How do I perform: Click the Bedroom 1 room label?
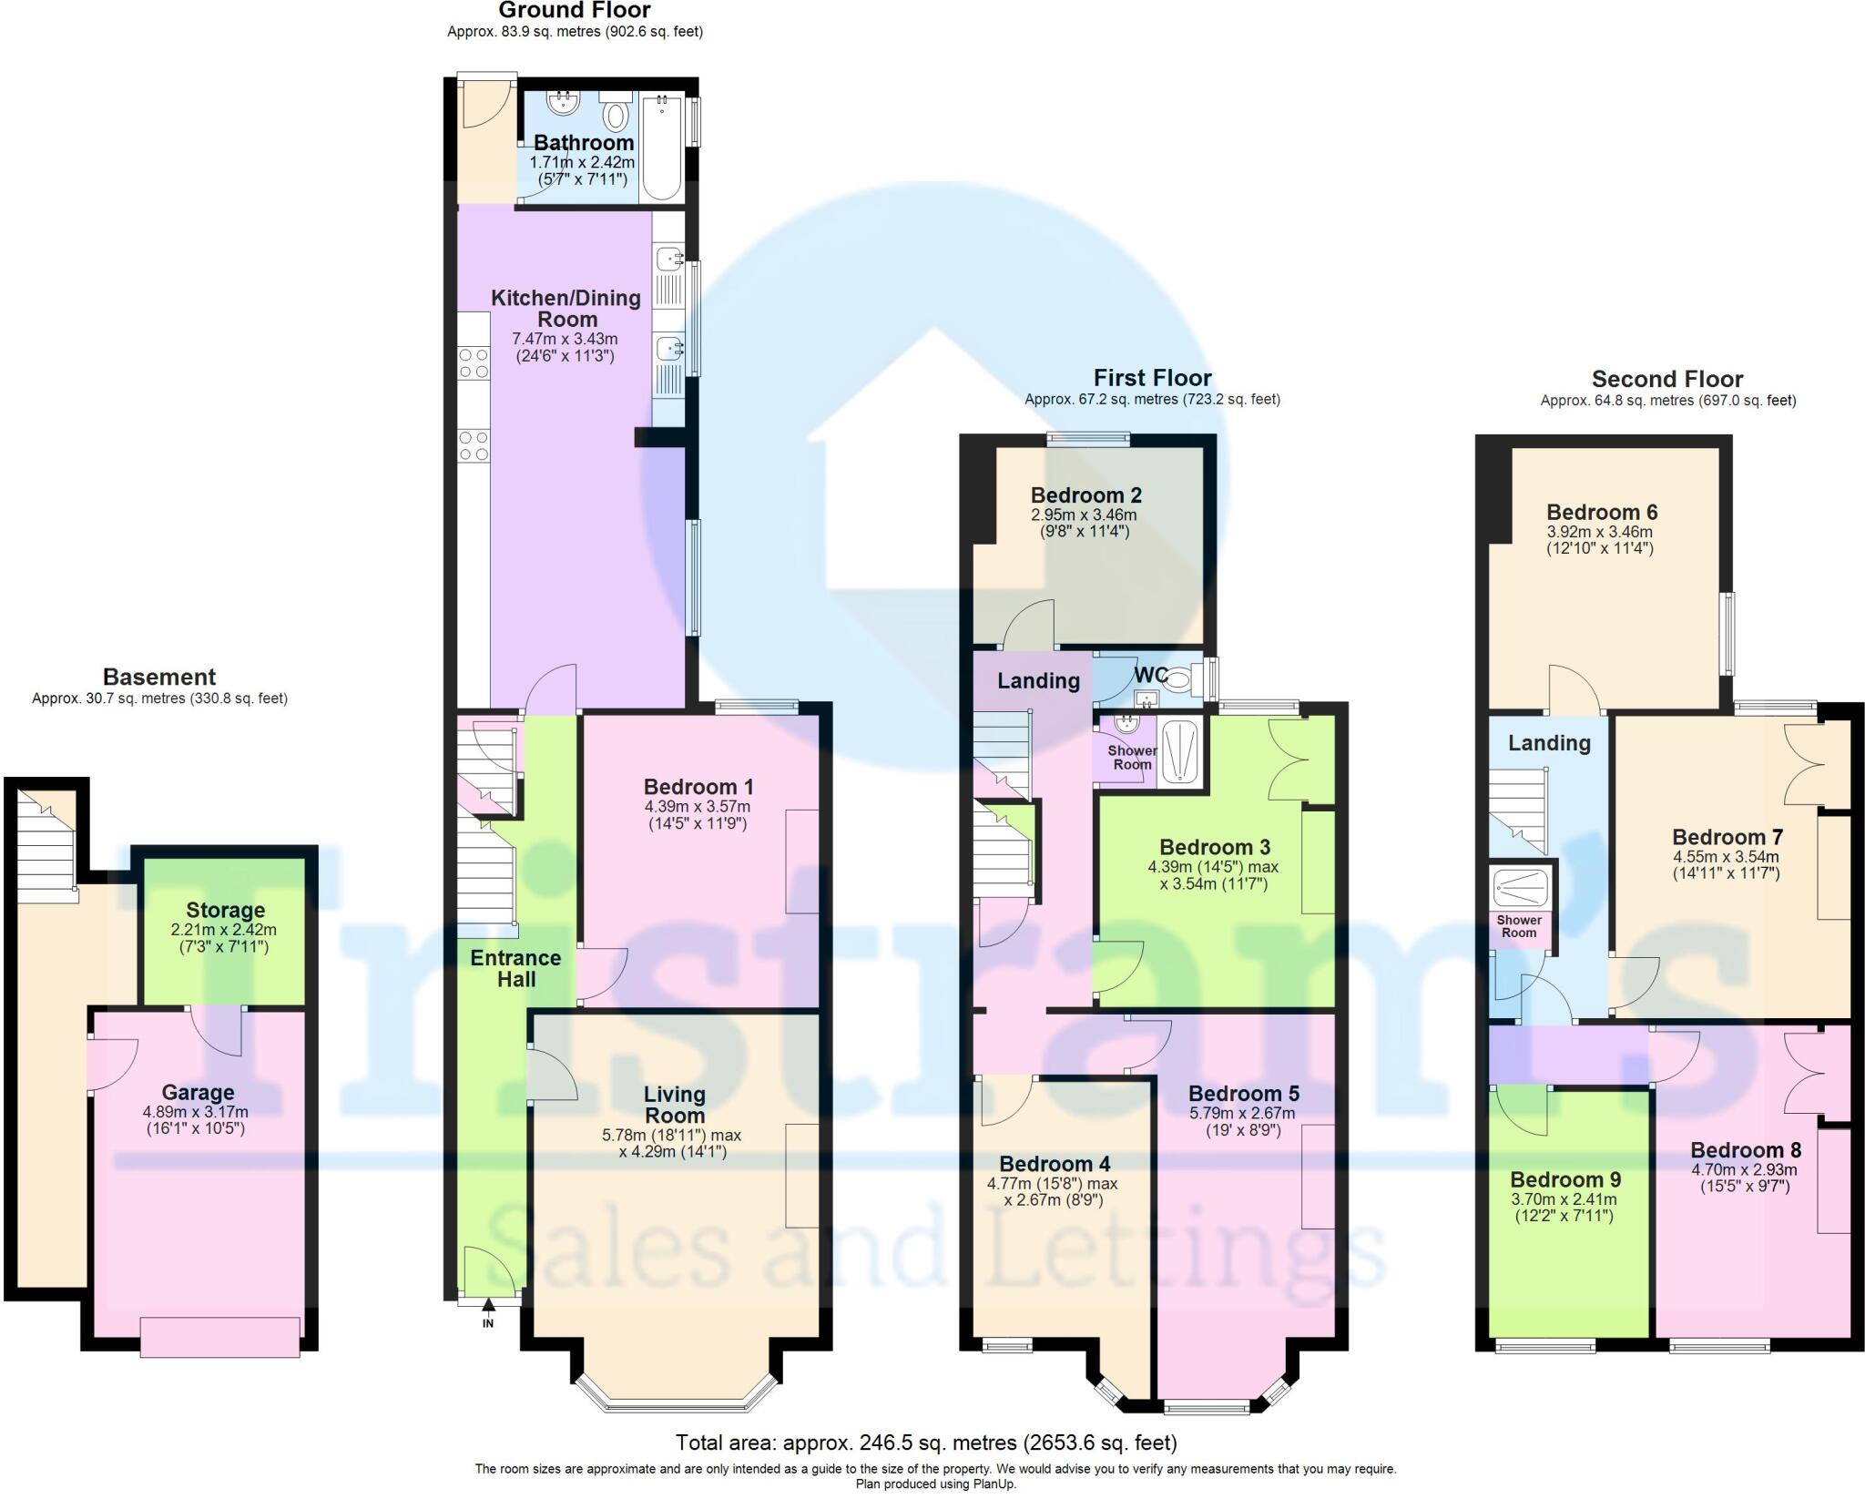(698, 786)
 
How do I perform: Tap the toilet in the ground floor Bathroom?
(617, 117)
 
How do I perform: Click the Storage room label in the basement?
(225, 910)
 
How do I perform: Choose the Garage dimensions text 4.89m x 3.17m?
(196, 1112)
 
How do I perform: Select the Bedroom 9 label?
(1565, 1179)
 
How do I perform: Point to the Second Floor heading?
(1666, 379)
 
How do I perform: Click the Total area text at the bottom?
(925, 1443)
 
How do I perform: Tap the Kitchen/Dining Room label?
(566, 308)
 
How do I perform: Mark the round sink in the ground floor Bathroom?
(563, 103)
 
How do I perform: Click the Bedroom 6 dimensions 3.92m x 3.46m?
(1599, 532)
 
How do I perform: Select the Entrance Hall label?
(515, 968)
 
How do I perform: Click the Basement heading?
(159, 677)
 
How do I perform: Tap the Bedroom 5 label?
(1243, 1093)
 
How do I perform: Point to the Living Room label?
(674, 1105)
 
